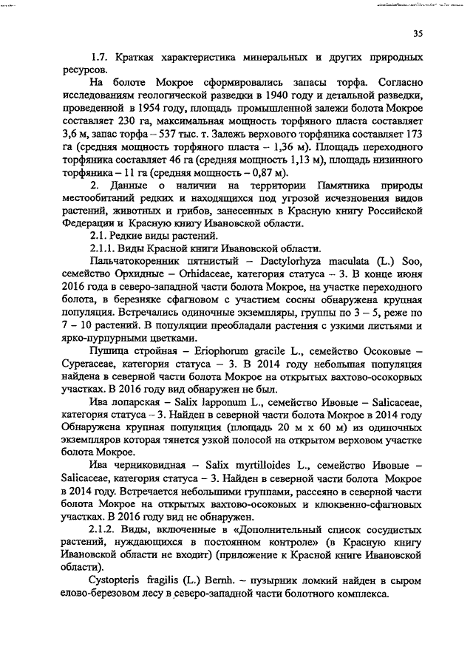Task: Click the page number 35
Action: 418,32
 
